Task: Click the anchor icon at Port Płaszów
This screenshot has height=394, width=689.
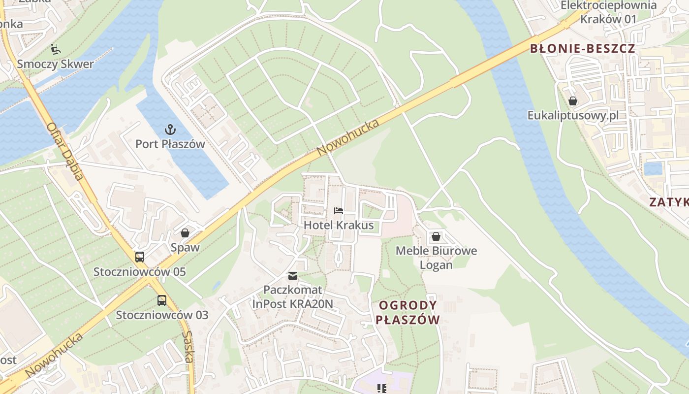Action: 170,130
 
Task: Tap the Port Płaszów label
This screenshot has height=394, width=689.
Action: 170,144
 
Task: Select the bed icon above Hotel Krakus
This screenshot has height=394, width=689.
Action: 339,211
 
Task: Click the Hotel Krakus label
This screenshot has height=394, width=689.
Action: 339,226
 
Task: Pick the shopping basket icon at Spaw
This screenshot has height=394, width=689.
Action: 185,233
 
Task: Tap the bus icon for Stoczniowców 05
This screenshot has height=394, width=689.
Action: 140,257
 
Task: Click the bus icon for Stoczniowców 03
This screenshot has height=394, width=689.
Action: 162,300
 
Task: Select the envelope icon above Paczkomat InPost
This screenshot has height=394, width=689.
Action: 293,275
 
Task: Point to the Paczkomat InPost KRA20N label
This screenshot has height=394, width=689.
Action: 293,297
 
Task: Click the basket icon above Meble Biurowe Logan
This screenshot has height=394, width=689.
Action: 436,236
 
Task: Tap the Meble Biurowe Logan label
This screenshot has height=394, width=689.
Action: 436,258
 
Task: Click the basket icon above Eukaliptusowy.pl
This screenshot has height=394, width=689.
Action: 573,101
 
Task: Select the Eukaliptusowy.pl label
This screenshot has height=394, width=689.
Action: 573,116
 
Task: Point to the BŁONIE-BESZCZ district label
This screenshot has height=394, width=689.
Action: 582,49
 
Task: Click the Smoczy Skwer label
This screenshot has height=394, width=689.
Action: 55,64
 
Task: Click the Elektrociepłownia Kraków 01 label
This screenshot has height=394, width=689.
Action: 609,12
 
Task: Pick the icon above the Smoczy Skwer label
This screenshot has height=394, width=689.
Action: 56,49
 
